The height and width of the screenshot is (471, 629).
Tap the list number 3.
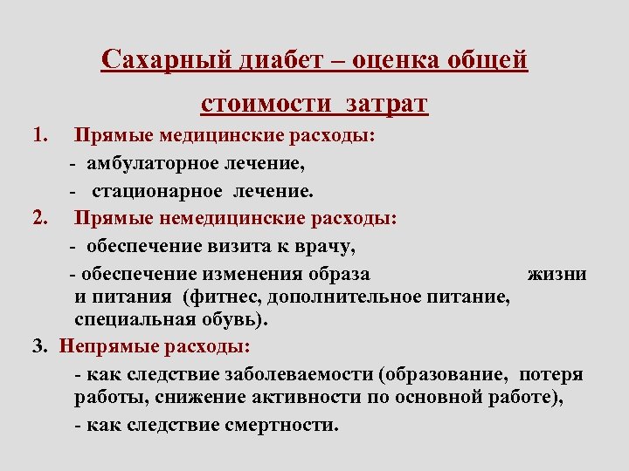point(38,346)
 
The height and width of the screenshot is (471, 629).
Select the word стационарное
point(162,190)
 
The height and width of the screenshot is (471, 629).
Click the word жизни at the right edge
point(556,274)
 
